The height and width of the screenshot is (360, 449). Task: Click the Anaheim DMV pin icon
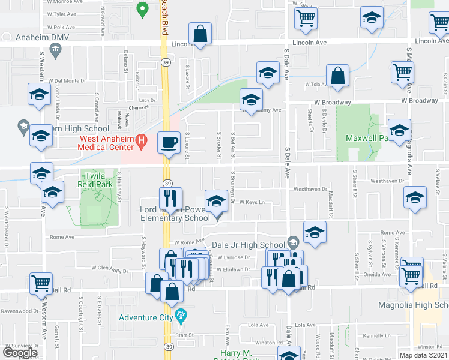click(x=56, y=53)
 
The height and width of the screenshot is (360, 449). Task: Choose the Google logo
click(x=20, y=353)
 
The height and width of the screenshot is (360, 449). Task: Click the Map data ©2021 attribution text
click(x=424, y=355)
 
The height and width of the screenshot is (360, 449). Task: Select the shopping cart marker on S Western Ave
click(x=41, y=282)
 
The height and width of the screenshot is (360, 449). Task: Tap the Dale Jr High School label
click(x=249, y=245)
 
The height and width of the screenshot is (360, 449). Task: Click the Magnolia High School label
click(x=413, y=305)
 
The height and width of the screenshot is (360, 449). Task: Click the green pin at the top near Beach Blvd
click(x=142, y=9)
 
